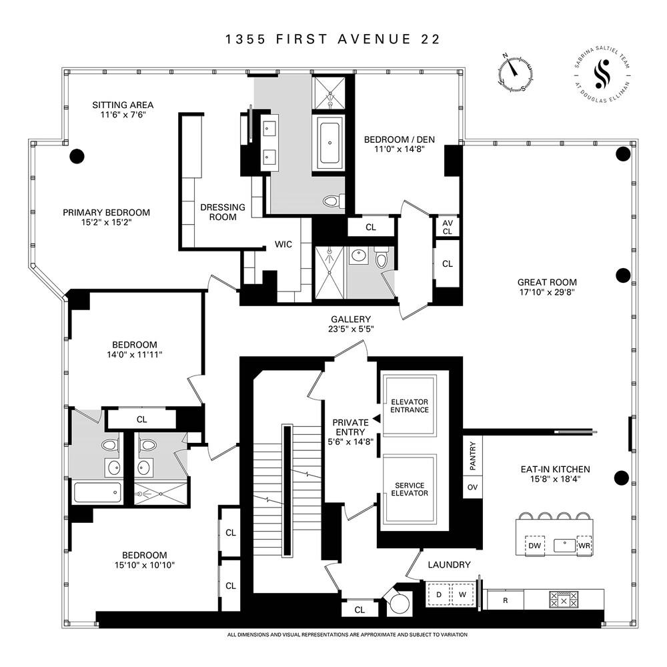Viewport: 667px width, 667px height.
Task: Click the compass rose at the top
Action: (514, 74)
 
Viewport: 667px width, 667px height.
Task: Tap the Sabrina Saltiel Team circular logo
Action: (606, 73)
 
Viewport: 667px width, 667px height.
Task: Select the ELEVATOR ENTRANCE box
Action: (410, 405)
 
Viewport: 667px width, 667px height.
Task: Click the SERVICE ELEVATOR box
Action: (410, 489)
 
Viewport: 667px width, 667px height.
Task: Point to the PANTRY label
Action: (472, 455)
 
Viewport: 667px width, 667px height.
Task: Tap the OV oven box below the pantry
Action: (472, 487)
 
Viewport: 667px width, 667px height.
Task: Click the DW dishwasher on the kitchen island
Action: (534, 545)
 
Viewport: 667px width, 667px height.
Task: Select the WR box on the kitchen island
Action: (585, 545)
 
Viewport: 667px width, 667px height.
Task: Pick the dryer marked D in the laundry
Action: (439, 594)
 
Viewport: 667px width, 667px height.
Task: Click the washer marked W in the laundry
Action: (462, 594)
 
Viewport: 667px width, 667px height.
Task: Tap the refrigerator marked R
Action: (505, 600)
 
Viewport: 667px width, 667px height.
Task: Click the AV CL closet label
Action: (447, 227)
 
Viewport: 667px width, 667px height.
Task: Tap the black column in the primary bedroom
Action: (77, 156)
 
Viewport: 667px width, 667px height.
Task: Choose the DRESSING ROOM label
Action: (223, 212)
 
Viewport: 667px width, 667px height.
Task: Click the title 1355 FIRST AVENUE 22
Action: (333, 39)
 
